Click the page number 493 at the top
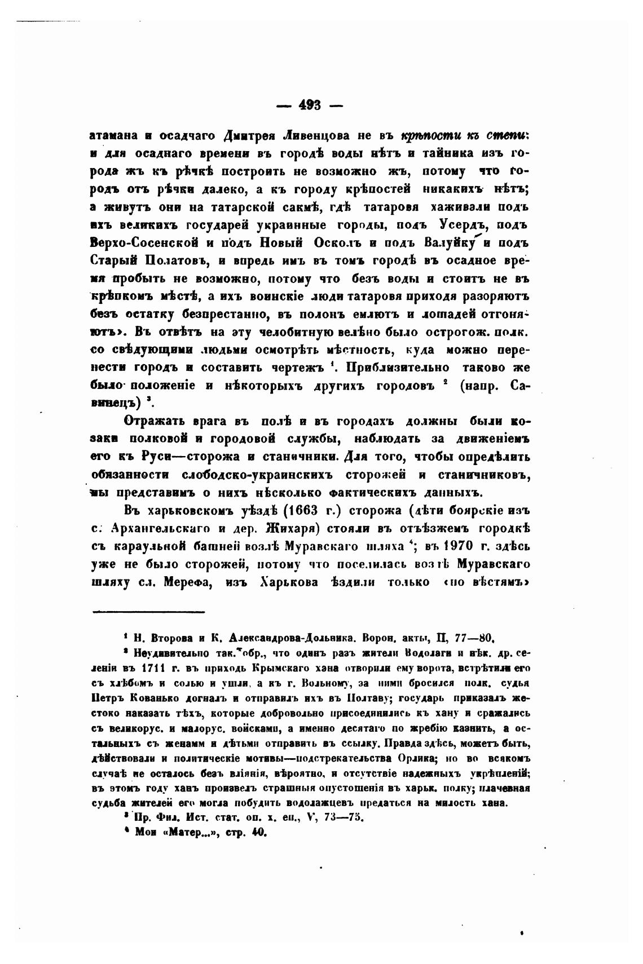click(310, 105)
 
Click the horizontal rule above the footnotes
click(148, 611)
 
